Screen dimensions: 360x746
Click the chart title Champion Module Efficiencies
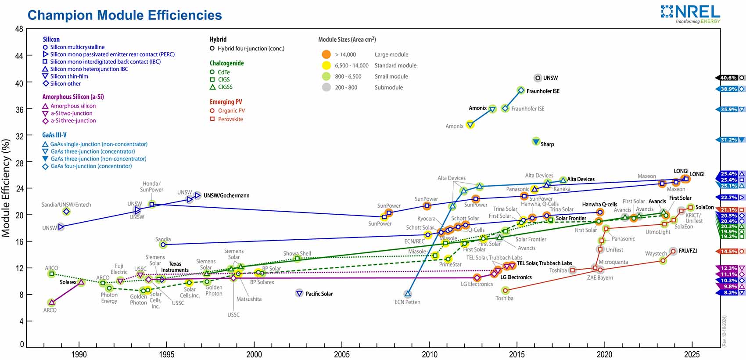(x=125, y=15)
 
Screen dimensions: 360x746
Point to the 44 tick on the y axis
(x=19, y=56)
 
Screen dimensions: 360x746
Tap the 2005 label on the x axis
(x=342, y=354)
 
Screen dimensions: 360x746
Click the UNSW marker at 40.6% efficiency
(x=538, y=78)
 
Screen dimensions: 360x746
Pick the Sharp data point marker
(x=536, y=141)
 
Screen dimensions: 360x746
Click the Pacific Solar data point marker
(x=299, y=293)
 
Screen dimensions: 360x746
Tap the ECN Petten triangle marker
(x=408, y=294)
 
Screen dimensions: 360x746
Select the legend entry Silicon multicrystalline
(x=77, y=47)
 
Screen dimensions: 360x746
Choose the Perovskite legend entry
(x=230, y=119)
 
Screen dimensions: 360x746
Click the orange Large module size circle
(x=326, y=54)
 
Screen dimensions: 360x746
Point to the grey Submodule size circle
(x=326, y=87)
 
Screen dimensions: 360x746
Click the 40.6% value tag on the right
(x=728, y=78)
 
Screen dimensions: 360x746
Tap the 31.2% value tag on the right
(x=728, y=140)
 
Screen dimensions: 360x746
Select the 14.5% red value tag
(x=728, y=252)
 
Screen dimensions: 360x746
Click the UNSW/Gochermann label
(x=226, y=195)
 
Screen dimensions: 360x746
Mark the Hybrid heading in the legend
(x=218, y=40)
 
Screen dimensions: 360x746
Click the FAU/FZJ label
(x=688, y=251)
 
